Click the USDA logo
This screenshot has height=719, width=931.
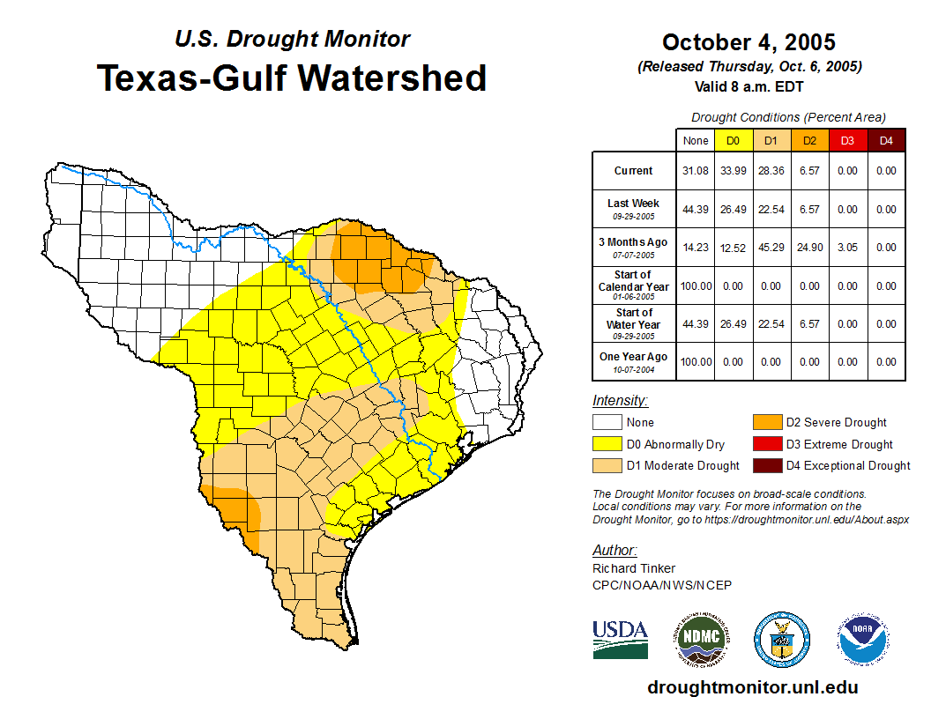(x=620, y=639)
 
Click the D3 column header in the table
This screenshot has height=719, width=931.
(x=847, y=140)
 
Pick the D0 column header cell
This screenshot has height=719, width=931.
(x=733, y=140)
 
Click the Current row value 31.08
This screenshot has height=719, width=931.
(x=696, y=171)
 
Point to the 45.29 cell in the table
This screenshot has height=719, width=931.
(x=771, y=248)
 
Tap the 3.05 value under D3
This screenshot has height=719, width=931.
(x=847, y=248)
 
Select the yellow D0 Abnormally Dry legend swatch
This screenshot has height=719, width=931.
(x=607, y=444)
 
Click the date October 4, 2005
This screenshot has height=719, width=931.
(x=749, y=42)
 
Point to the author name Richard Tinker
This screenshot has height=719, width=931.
(x=633, y=568)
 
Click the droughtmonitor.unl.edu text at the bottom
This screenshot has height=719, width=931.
(x=752, y=687)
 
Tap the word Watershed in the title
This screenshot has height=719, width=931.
(x=392, y=78)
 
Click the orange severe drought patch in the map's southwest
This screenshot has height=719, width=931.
(x=231, y=504)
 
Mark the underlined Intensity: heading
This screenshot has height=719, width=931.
(x=621, y=401)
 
